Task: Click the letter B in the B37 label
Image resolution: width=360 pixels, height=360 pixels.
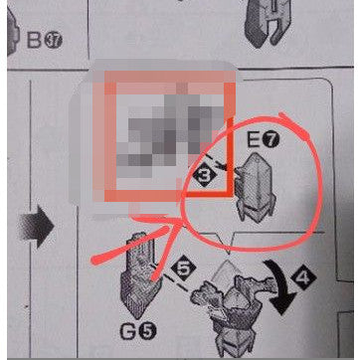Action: [x=34, y=42]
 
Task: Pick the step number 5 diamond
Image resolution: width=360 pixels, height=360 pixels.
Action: [x=180, y=267]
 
